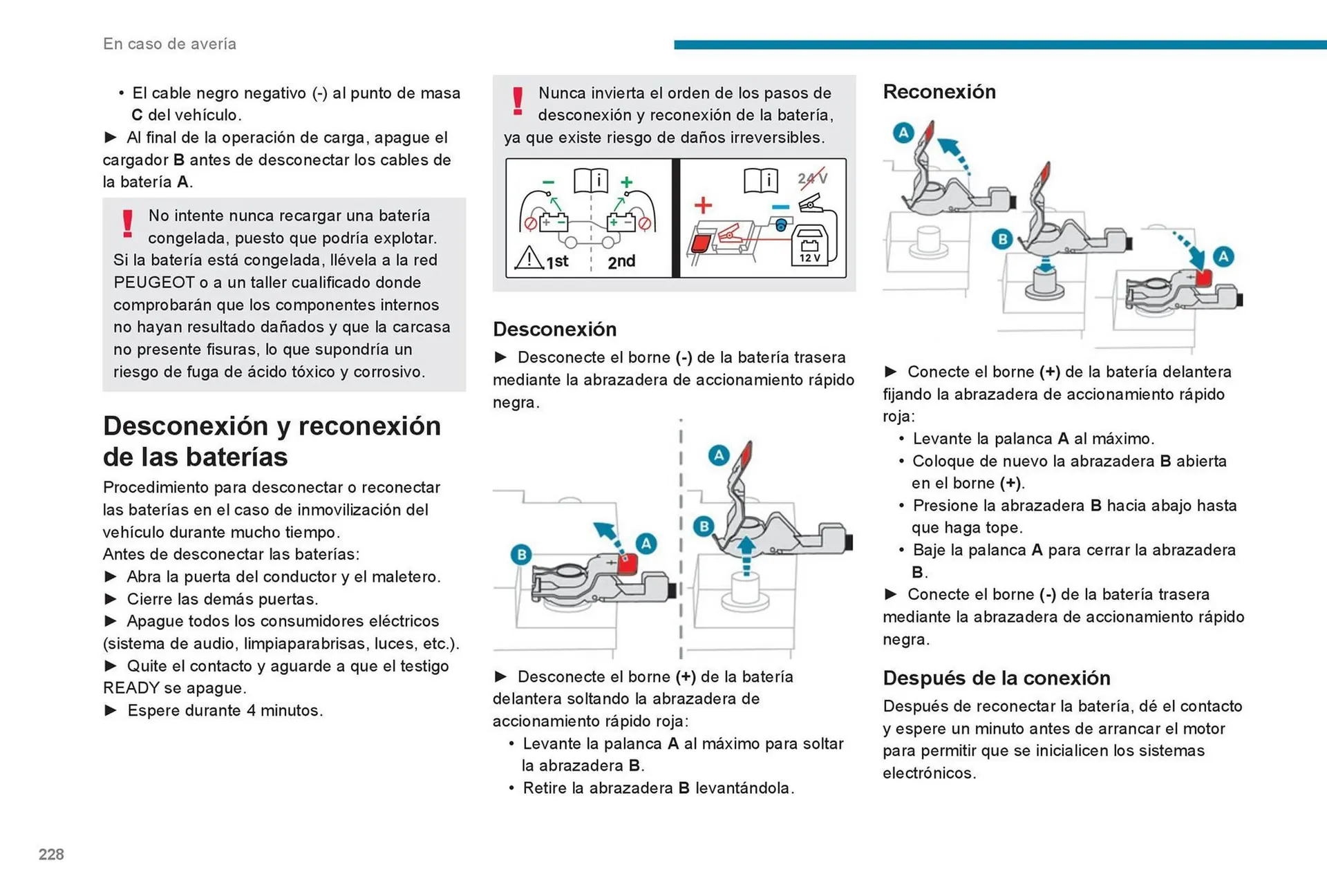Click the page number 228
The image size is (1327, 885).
tap(51, 855)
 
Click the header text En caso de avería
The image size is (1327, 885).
tap(169, 44)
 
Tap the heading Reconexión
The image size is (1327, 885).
tap(939, 92)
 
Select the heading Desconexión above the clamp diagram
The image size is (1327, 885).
tap(554, 329)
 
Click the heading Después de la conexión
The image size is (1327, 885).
tap(996, 678)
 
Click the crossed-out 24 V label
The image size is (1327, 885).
tap(812, 178)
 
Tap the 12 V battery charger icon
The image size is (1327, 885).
tap(809, 246)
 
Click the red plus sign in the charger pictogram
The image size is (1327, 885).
tap(703, 205)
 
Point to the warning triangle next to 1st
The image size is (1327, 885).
tap(529, 258)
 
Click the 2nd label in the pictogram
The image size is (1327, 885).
tap(621, 262)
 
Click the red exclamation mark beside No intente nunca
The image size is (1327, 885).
tap(127, 224)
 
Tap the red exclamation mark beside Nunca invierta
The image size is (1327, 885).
tap(517, 101)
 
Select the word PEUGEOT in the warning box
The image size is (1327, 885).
tap(154, 283)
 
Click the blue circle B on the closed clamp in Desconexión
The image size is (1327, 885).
tap(521, 554)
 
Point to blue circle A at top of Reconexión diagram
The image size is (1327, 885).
tap(903, 132)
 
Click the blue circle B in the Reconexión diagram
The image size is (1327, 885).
tap(1001, 240)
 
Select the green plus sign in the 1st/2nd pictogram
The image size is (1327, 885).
tap(626, 182)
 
